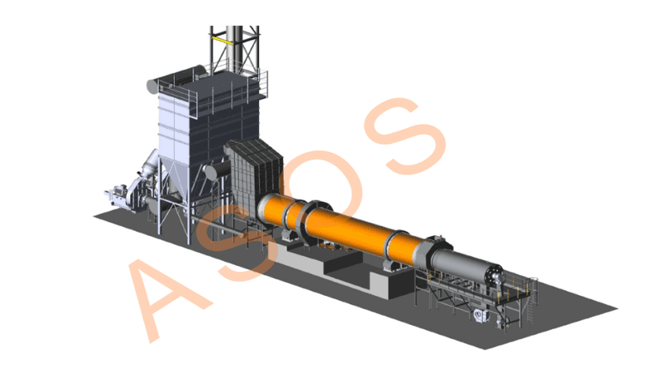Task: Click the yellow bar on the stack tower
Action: coord(222,40)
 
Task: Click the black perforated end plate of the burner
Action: coord(495,275)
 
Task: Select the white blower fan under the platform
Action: coord(481,316)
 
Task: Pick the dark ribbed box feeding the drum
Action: coord(253,174)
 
